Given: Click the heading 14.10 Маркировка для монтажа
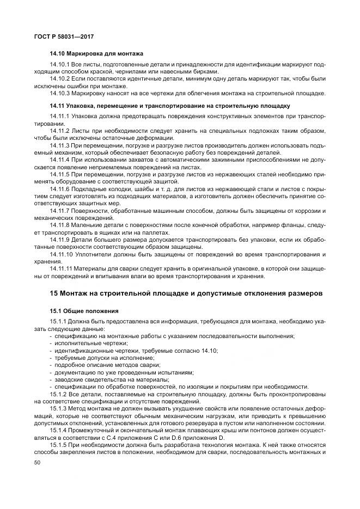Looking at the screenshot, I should point(96,54).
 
